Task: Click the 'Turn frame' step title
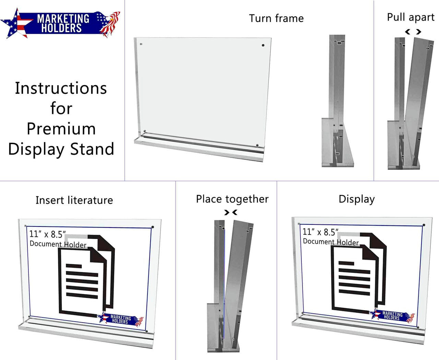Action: click(x=276, y=18)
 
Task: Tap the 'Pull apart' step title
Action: click(x=411, y=17)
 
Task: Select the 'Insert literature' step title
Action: click(x=74, y=200)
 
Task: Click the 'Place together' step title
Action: click(x=232, y=199)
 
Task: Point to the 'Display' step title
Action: click(x=356, y=199)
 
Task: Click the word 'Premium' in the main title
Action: click(x=61, y=129)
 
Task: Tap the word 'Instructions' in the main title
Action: click(x=61, y=88)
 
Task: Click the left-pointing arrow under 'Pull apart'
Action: click(x=407, y=32)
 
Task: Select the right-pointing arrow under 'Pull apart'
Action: click(x=418, y=32)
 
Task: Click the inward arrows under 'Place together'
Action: click(x=230, y=212)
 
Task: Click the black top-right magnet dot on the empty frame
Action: click(x=263, y=45)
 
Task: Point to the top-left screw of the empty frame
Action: click(x=141, y=44)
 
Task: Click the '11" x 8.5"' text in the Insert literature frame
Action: click(x=47, y=234)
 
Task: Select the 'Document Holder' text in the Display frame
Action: click(x=331, y=242)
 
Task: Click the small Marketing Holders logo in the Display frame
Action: click(x=392, y=316)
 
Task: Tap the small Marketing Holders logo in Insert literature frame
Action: click(x=120, y=320)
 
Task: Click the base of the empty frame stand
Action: click(x=199, y=149)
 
